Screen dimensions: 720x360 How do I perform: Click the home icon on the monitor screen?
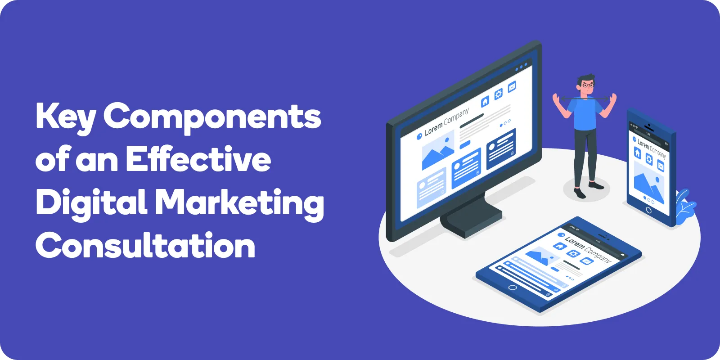[485, 101]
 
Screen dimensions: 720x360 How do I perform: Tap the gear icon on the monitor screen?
[499, 94]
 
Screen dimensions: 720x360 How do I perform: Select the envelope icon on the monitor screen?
[512, 87]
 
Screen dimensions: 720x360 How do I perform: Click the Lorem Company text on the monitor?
[447, 122]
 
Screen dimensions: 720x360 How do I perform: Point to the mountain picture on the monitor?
[438, 150]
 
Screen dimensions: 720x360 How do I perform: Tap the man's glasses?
[588, 85]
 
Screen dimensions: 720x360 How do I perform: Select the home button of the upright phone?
[648, 211]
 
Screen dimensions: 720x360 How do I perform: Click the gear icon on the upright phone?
[649, 159]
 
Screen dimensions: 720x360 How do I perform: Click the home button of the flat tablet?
[513, 288]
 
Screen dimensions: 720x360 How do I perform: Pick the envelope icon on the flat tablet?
[586, 261]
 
